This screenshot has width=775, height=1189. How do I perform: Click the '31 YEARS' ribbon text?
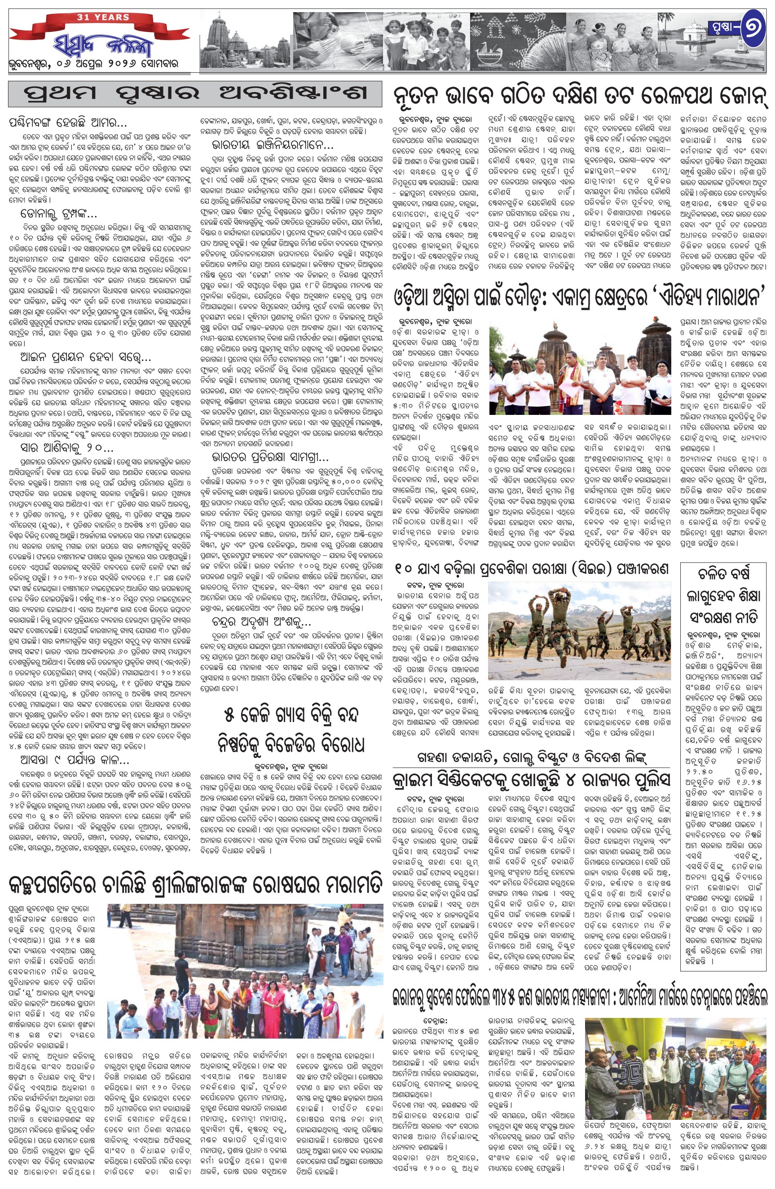103,18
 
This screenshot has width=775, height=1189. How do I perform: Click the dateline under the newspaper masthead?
93,65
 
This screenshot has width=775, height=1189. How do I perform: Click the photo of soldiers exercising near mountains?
580,630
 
